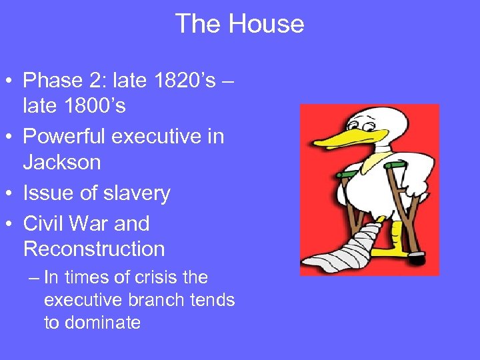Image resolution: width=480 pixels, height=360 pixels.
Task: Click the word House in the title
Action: pos(267,25)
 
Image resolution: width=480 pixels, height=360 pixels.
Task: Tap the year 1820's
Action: pos(179,81)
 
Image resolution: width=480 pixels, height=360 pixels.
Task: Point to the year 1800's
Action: pos(93,105)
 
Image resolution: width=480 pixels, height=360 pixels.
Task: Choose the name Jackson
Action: pos(62,161)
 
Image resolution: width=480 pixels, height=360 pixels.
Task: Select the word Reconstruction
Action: pos(94,249)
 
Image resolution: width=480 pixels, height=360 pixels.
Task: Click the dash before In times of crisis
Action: pos(34,277)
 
